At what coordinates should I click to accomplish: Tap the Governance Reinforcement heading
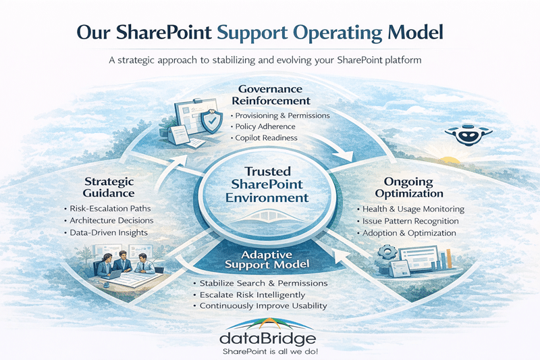tap(269, 95)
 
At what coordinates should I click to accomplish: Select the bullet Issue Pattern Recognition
tap(410, 221)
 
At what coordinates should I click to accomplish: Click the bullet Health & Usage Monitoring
tap(413, 209)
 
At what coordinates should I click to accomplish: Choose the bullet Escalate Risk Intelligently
tap(252, 294)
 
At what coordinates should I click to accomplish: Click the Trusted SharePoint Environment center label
tap(269, 185)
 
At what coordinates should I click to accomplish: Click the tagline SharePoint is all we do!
tap(270, 351)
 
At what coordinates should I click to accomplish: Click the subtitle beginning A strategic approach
tap(269, 60)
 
